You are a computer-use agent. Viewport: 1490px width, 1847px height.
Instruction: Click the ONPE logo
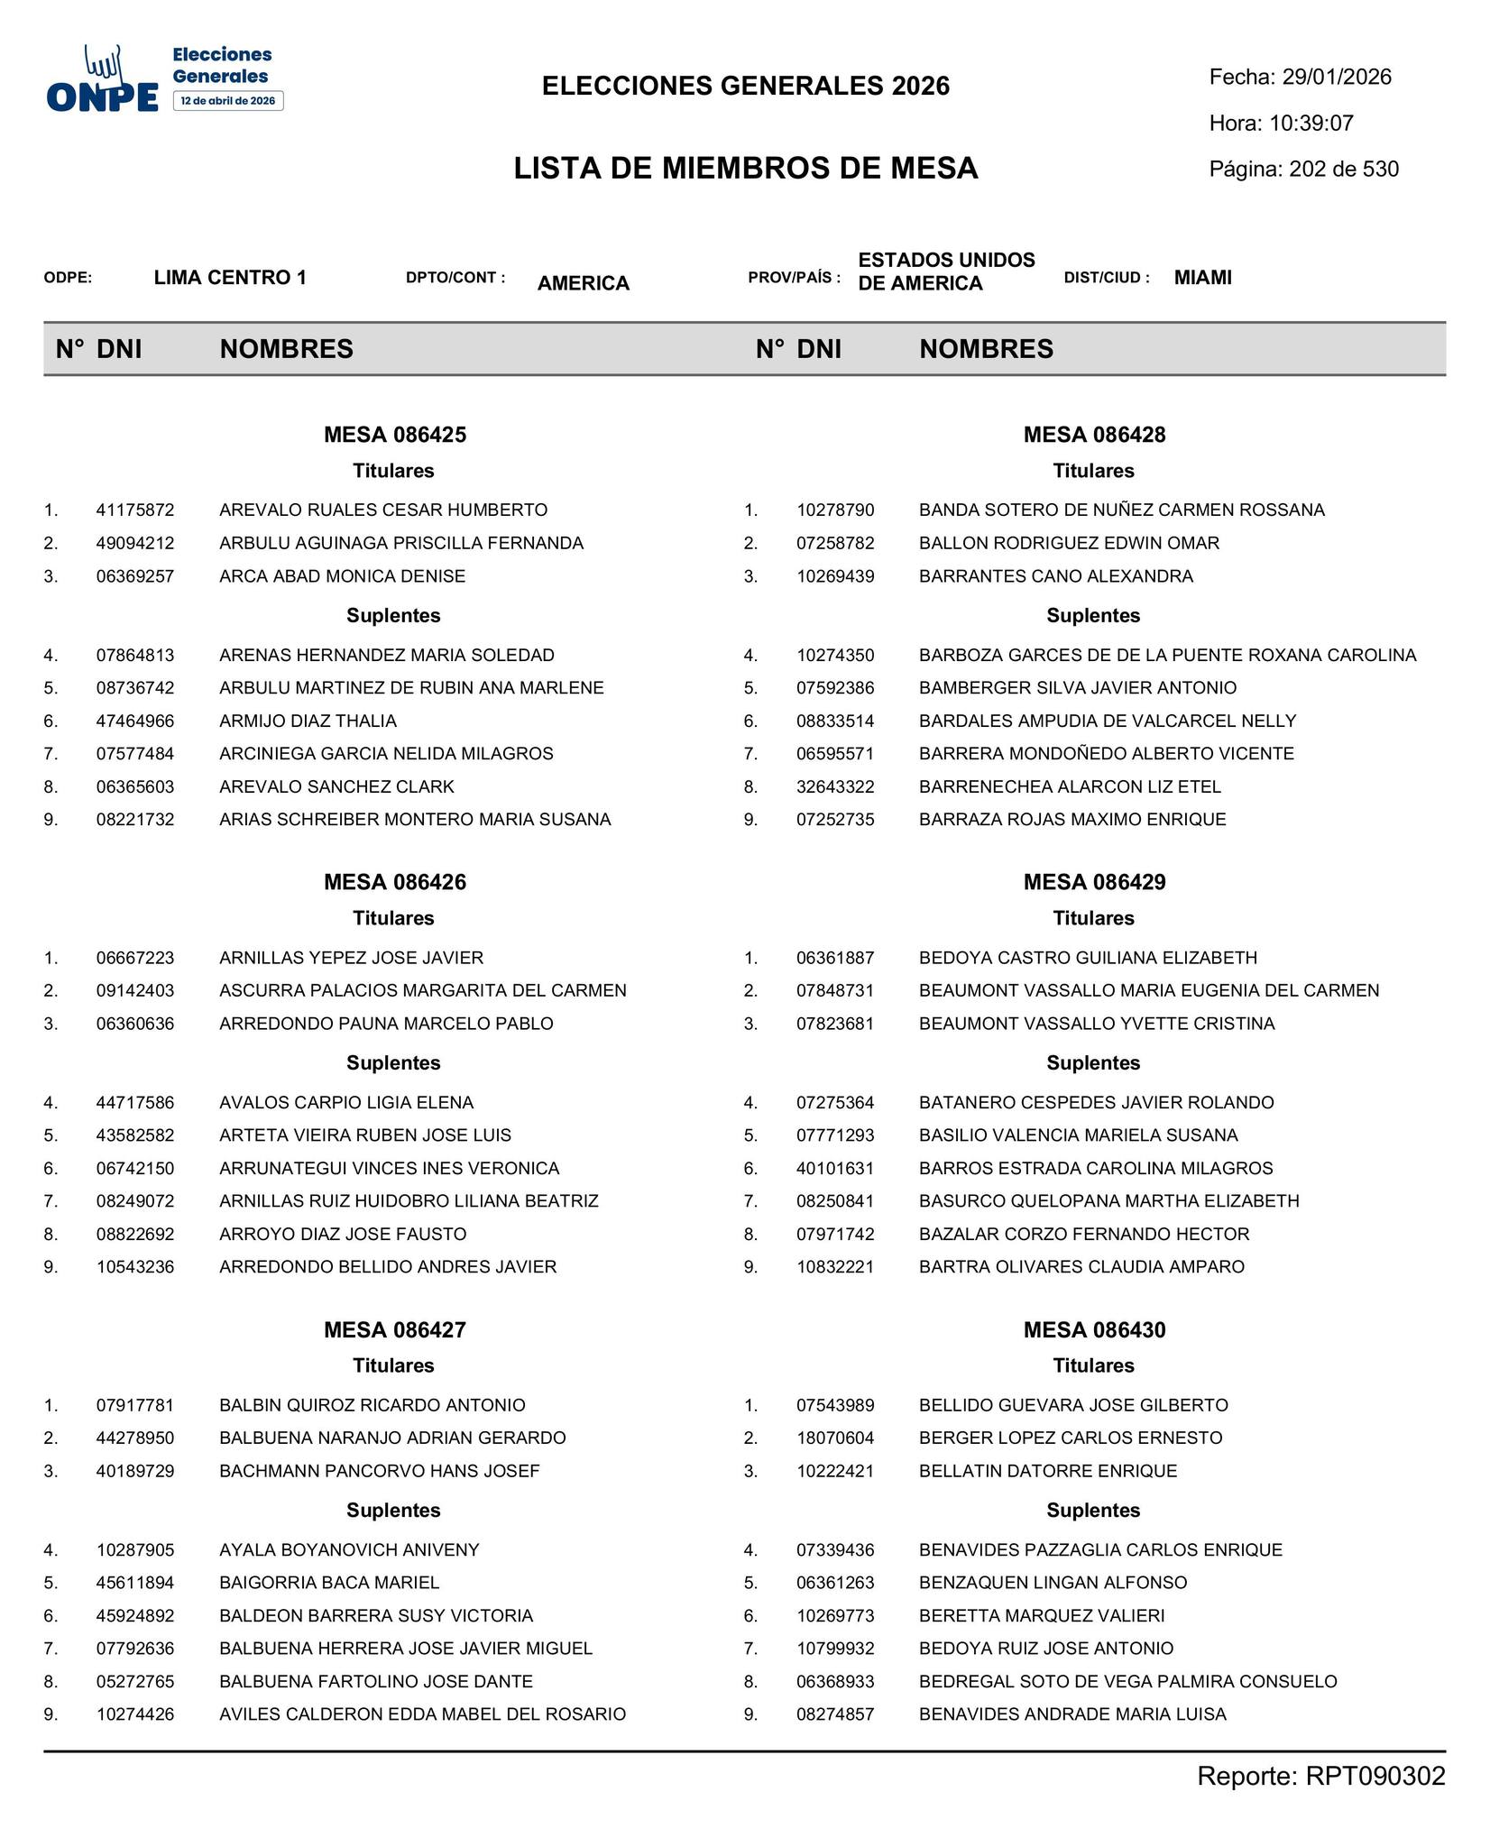coord(164,78)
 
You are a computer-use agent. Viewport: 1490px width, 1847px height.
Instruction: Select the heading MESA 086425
coord(395,435)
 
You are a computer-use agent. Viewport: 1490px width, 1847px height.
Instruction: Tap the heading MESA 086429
coord(1094,882)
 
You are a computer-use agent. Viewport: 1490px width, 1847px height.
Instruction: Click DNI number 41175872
coord(135,510)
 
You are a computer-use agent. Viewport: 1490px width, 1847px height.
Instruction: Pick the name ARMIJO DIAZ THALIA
coord(308,721)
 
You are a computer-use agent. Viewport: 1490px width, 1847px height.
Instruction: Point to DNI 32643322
coord(835,787)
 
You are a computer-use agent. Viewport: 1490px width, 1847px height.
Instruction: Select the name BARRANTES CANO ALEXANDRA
coord(1055,576)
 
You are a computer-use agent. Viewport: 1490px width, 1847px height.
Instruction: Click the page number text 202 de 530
coord(1344,170)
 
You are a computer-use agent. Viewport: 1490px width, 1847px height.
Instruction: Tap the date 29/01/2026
coord(1337,78)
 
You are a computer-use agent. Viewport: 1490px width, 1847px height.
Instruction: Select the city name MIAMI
coord(1202,278)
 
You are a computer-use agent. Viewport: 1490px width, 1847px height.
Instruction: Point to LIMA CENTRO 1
coord(230,278)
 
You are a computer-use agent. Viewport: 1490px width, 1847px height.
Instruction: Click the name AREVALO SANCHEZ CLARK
coord(336,787)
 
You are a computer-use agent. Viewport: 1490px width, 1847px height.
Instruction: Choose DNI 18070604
coord(835,1438)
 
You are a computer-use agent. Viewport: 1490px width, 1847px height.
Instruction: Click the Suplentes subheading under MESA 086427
coord(393,1511)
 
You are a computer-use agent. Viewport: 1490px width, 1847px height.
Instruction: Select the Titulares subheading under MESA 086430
coord(1093,1366)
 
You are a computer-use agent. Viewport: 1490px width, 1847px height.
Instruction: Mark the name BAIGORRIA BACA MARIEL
coord(329,1583)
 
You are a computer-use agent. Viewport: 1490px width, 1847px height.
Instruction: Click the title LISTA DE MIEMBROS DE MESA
coord(746,169)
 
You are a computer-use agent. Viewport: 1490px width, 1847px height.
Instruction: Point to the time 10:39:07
coord(1311,124)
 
